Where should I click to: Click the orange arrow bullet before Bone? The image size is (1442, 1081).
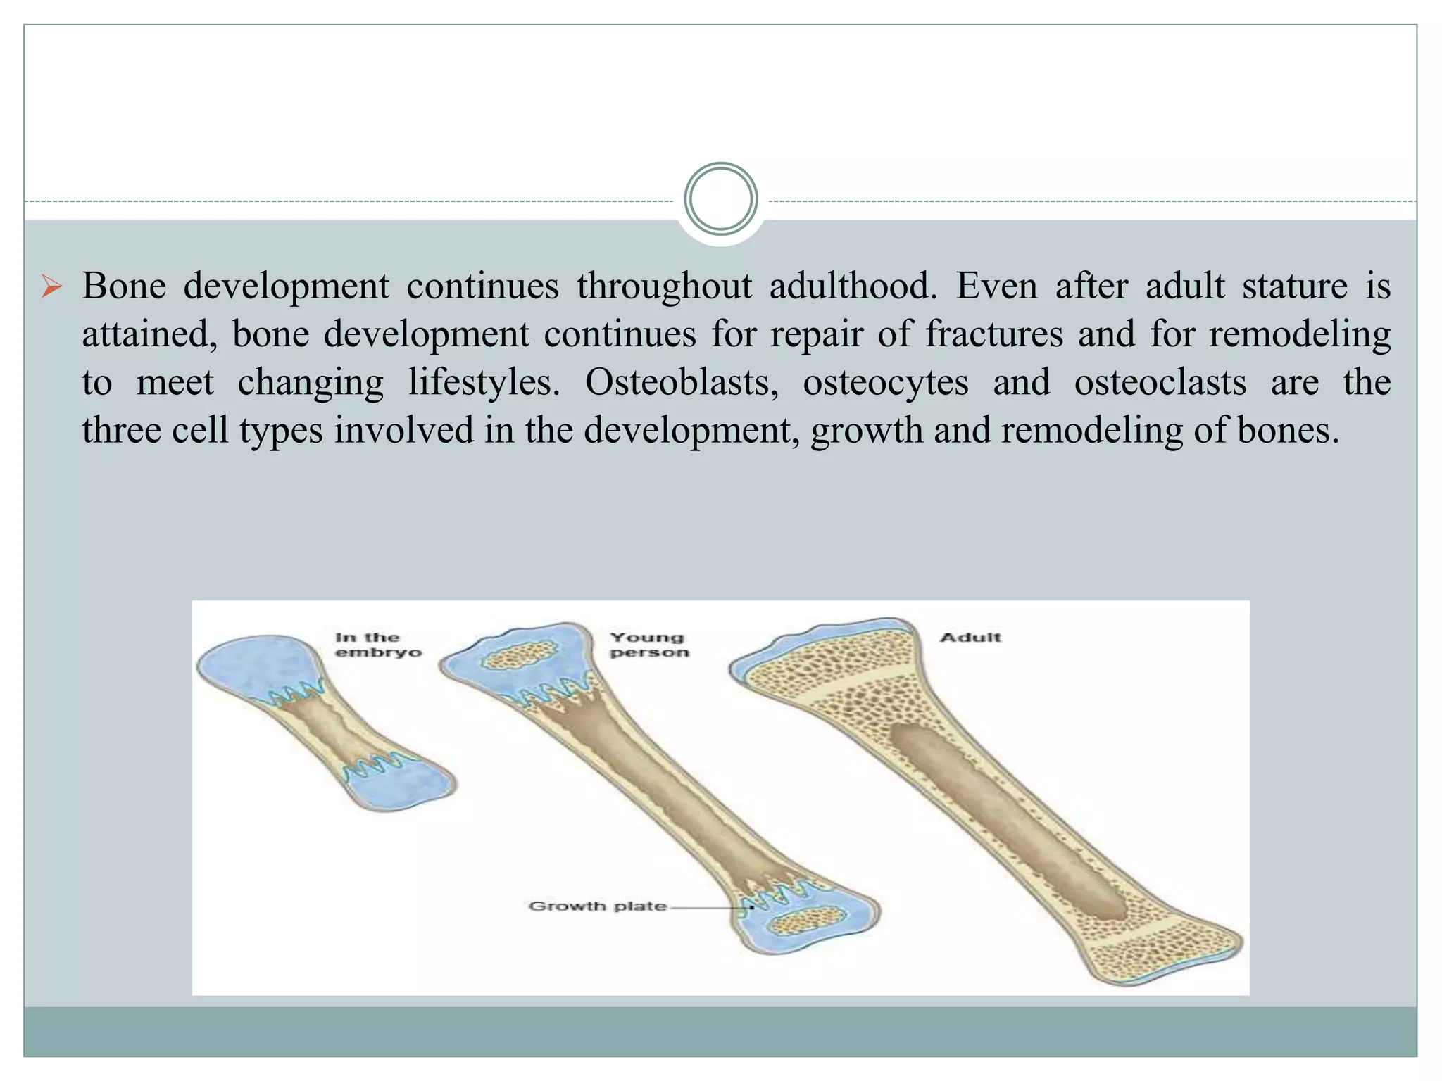pos(51,287)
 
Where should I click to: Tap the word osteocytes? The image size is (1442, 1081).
pos(885,383)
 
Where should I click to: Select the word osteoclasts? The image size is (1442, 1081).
pos(1160,383)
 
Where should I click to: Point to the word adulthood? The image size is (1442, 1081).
pos(853,286)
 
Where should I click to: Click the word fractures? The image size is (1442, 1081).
pos(993,334)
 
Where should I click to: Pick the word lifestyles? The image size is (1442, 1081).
pos(484,383)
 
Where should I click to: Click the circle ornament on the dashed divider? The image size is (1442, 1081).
pos(720,199)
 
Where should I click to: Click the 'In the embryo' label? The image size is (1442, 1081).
pos(377,645)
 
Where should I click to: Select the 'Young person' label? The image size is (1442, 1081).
pos(648,645)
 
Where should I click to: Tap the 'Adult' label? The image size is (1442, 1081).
pos(970,638)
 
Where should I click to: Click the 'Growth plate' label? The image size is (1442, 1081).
pos(597,906)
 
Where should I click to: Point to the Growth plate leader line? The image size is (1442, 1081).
pos(708,907)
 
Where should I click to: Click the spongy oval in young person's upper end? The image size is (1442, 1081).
pos(520,657)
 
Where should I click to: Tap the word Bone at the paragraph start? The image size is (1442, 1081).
pos(124,286)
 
